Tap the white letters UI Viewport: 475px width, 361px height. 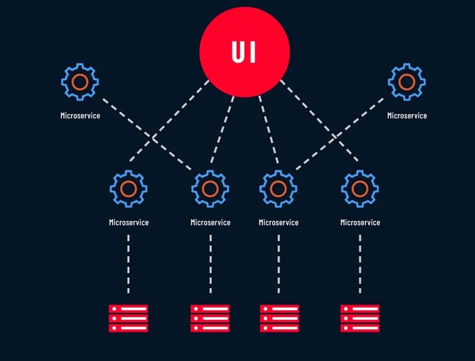coord(245,53)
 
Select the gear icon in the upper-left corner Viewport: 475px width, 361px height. coord(80,82)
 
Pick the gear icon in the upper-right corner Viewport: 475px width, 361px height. coord(406,82)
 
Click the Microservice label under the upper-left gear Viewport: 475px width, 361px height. coord(80,116)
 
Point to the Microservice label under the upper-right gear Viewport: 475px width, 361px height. coord(406,116)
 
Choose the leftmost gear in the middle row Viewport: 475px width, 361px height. coord(129,188)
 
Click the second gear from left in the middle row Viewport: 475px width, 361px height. coord(210,188)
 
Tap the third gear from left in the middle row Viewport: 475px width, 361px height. coord(278,188)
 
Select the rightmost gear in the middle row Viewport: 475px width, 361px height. coord(360,188)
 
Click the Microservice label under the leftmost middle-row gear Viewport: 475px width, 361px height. coord(129,223)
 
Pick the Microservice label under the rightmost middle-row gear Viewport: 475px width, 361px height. coord(360,223)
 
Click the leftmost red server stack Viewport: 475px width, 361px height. coord(129,318)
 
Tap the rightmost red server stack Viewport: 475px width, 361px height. coord(360,318)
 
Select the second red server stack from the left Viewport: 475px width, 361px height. coord(210,318)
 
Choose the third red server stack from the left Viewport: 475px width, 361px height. coord(279,318)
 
